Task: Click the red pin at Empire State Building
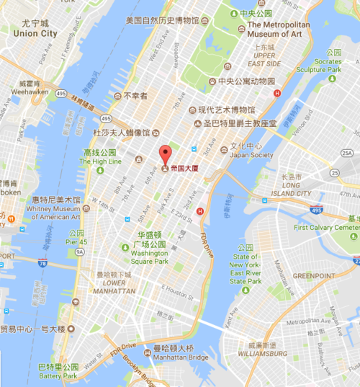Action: pos(165,154)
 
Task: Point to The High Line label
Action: pos(101,161)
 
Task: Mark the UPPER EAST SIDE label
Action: pos(265,60)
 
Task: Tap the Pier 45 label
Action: pos(76,242)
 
